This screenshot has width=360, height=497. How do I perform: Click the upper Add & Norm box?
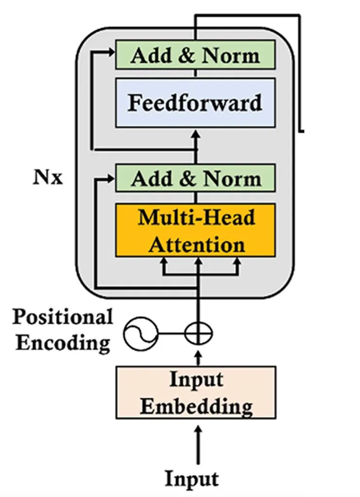(x=195, y=55)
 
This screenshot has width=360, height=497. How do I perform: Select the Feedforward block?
(x=195, y=103)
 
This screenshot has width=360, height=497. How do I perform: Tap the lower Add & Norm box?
(x=195, y=178)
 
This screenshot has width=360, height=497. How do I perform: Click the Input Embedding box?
(x=196, y=392)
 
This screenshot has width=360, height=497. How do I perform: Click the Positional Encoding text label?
(x=62, y=330)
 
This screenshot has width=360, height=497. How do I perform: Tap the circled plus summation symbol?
(x=198, y=333)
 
